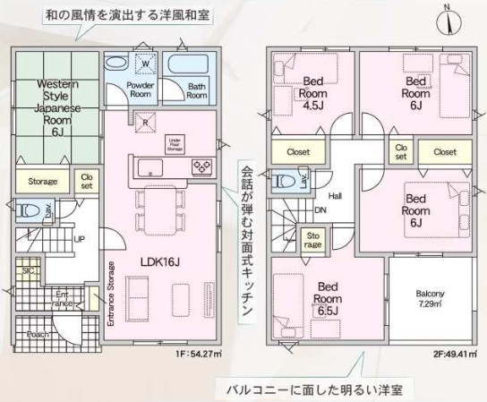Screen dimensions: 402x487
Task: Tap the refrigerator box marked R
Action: (x=143, y=124)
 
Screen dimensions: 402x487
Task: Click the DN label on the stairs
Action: (x=320, y=211)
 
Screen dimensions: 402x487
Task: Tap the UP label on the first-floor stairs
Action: (x=80, y=240)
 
